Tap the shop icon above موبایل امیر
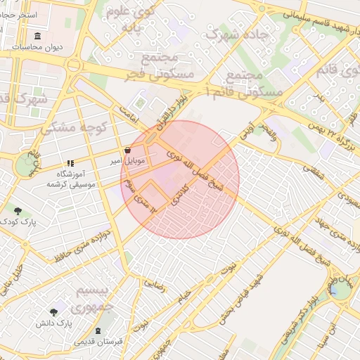click(127, 150)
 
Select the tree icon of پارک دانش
click(53, 312)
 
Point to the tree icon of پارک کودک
click(18, 210)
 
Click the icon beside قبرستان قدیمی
click(97, 331)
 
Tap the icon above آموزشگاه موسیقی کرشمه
click(70, 163)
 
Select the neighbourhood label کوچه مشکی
click(67, 127)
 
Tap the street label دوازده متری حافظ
click(86, 243)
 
